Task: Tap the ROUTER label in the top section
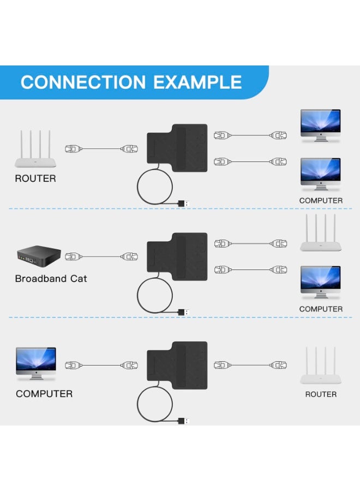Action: click(35, 178)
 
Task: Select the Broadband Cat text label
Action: click(51, 279)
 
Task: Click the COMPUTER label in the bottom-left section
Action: click(44, 393)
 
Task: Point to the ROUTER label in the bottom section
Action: click(321, 394)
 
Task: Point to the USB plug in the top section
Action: click(184, 203)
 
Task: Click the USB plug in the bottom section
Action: click(184, 421)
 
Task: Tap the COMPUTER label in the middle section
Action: click(321, 309)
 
